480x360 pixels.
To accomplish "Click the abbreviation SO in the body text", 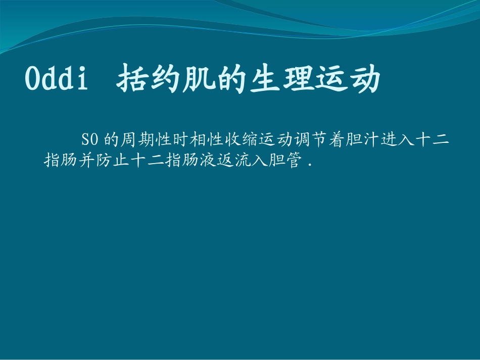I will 88,139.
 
